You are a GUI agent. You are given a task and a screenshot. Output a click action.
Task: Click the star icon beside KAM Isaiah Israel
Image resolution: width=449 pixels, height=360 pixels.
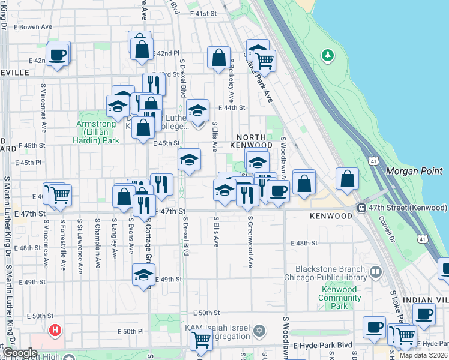[259, 330]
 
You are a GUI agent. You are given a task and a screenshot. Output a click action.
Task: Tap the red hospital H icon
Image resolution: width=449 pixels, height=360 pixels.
[55, 330]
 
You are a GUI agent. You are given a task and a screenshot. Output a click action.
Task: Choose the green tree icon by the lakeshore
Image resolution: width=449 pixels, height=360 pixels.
[327, 56]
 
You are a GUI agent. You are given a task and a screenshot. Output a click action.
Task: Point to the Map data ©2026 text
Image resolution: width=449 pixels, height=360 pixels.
[423, 355]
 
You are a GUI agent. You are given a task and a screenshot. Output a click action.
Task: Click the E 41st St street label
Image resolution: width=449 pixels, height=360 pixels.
[203, 13]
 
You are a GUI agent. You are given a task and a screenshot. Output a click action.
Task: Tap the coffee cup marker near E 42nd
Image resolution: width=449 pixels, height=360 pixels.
[58, 54]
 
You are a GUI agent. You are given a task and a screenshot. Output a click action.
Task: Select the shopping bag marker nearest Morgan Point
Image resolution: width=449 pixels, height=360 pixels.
[347, 178]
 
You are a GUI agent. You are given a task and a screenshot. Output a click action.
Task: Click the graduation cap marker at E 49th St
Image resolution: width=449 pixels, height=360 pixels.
[143, 275]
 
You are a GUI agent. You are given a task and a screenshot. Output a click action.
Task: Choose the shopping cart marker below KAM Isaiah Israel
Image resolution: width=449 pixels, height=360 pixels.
[201, 339]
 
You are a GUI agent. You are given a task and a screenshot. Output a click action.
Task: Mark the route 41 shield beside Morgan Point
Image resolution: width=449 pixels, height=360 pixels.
[373, 161]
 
